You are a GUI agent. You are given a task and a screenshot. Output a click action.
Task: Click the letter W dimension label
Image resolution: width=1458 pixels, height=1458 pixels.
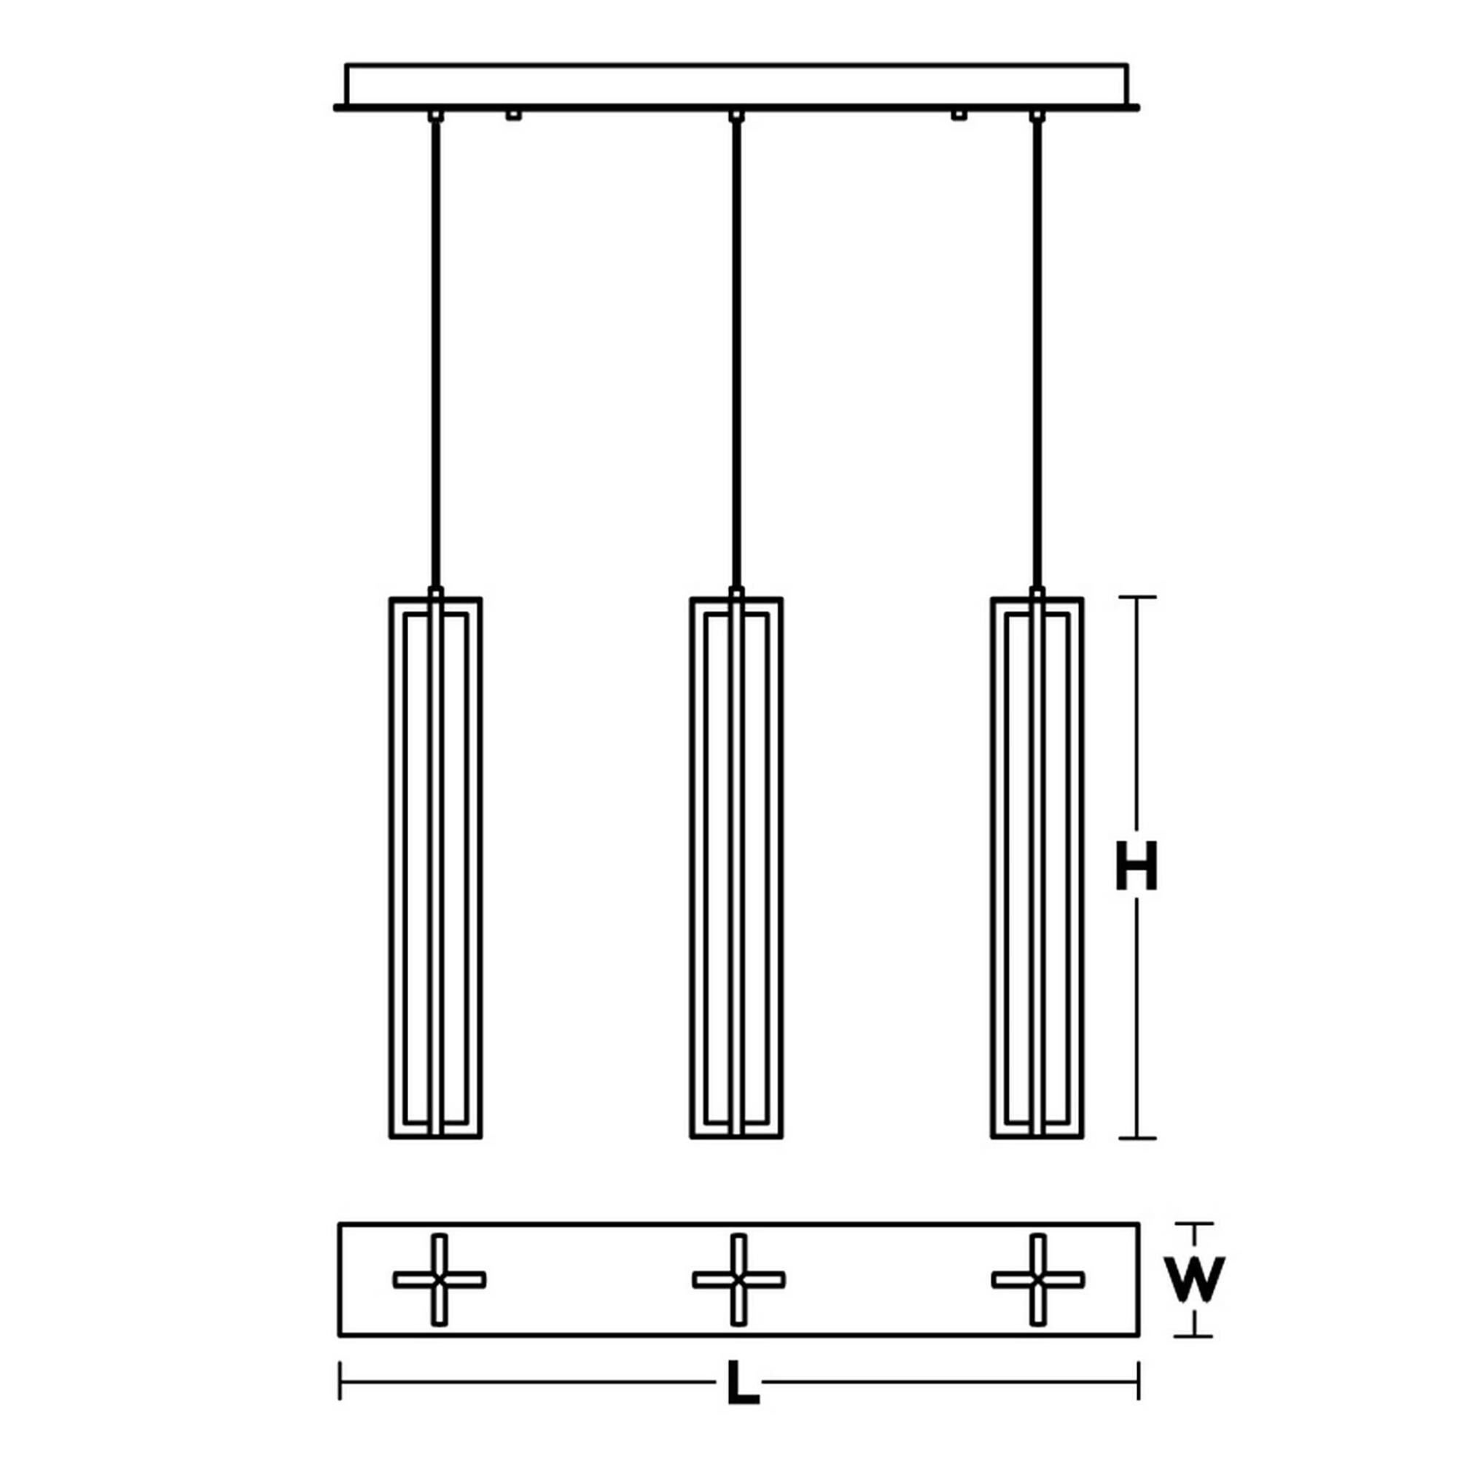point(1193,1279)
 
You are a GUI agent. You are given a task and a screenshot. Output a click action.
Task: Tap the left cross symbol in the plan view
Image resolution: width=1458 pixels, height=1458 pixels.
point(439,1279)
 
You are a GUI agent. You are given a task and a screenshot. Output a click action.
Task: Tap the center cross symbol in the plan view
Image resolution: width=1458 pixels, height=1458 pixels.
point(738,1279)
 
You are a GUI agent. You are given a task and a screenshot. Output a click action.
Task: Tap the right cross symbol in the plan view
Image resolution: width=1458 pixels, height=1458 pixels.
point(1037,1279)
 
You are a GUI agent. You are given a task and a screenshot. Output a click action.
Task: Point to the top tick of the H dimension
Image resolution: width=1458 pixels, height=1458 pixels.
point(1137,597)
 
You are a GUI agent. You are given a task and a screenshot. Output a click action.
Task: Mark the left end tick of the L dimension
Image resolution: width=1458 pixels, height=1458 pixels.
point(340,1380)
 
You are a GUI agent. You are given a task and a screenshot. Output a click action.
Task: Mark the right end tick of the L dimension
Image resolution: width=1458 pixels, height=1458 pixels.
point(1138,1380)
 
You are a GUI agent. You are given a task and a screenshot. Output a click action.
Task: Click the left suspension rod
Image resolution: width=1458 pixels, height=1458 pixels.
point(435,355)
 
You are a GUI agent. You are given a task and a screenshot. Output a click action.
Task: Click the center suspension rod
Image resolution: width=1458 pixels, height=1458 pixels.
point(736,355)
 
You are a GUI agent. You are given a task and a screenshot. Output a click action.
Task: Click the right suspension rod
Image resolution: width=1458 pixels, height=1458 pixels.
point(1037,355)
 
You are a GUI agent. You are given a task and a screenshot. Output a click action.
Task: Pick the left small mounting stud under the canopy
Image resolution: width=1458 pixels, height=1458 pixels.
point(513,115)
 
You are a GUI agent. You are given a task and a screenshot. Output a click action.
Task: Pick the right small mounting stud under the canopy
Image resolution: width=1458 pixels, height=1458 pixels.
point(959,115)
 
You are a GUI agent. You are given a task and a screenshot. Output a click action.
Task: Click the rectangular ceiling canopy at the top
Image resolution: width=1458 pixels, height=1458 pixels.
point(736,85)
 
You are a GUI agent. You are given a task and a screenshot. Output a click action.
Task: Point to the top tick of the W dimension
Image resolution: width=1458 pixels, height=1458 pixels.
point(1193,1223)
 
